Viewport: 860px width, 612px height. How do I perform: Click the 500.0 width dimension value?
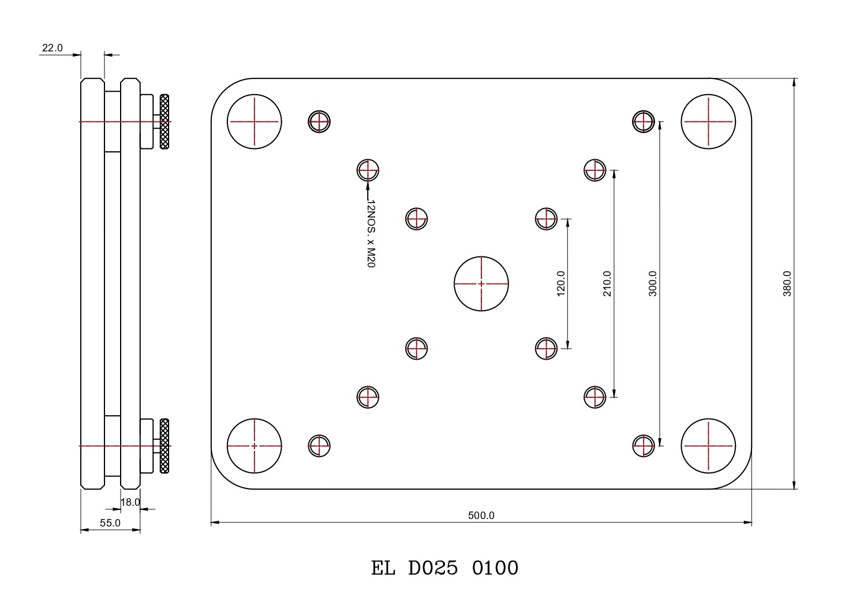click(481, 516)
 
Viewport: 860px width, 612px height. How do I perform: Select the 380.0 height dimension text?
click(787, 284)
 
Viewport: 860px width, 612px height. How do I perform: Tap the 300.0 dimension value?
click(653, 283)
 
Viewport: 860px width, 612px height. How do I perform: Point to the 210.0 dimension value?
click(607, 283)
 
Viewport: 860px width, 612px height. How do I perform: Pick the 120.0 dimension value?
click(560, 283)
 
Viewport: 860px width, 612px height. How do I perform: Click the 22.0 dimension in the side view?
click(52, 48)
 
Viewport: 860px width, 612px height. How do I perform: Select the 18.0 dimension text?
click(130, 502)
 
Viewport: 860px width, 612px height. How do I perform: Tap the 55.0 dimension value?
click(110, 523)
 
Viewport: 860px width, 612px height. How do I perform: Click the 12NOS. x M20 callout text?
click(371, 234)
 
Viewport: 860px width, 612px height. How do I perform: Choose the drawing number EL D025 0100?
click(444, 568)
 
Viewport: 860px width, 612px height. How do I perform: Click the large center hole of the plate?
click(481, 283)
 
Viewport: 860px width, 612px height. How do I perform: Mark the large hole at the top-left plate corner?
click(254, 122)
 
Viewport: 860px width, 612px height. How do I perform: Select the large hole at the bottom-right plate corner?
click(708, 446)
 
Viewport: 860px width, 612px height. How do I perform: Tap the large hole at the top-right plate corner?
click(708, 122)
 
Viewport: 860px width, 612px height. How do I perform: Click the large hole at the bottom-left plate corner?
click(254, 446)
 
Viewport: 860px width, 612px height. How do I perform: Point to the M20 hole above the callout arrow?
click(368, 170)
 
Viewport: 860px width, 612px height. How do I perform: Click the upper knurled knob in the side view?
click(164, 122)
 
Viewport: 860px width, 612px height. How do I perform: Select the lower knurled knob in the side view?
click(164, 446)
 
